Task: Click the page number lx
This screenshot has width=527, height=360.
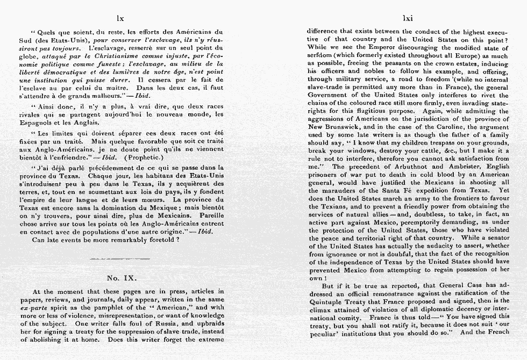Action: (x=120, y=18)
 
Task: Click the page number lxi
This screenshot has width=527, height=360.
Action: (x=408, y=18)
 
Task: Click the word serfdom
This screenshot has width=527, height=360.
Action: (x=321, y=56)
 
